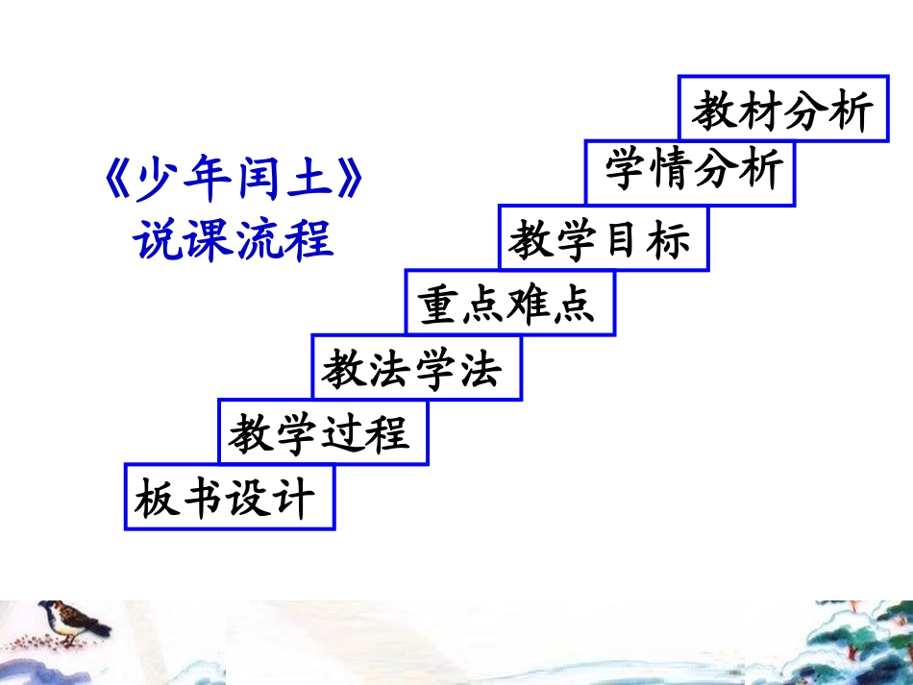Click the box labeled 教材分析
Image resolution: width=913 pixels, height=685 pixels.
782,110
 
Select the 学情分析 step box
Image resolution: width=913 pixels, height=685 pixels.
691,173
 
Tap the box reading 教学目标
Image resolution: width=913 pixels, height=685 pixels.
603,238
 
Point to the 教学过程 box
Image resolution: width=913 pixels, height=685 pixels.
322,433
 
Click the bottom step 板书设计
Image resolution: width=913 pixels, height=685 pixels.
229,498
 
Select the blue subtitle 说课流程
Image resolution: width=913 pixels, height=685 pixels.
233,237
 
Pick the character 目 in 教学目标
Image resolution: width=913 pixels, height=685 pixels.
625,239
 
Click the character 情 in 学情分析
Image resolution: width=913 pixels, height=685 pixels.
668,173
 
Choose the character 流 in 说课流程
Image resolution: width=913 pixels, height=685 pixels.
258,237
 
